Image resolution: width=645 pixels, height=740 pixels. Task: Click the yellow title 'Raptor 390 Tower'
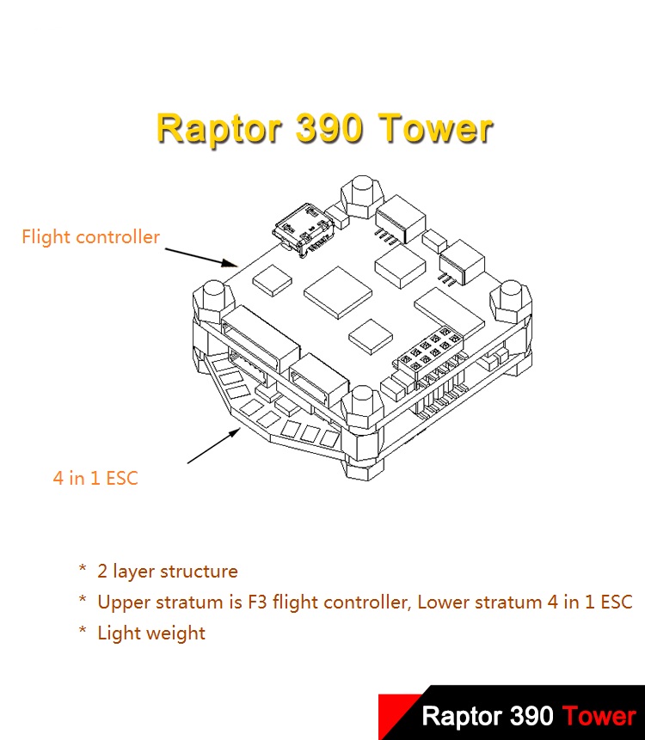pos(325,128)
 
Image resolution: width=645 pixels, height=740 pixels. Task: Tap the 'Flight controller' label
pos(90,236)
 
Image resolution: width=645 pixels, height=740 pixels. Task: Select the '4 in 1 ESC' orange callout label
pos(95,478)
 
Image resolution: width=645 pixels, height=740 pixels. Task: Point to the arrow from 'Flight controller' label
pos(201,257)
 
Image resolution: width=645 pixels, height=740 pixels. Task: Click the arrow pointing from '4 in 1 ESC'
pos(214,445)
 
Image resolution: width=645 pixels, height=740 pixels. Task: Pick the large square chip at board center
pos(338,292)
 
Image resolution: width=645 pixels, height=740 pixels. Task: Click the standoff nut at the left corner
pos(214,300)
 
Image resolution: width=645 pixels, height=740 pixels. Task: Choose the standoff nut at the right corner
pos(511,300)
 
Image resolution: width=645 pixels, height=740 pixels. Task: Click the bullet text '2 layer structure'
pos(168,571)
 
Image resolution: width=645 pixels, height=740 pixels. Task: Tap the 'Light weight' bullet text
pos(151,633)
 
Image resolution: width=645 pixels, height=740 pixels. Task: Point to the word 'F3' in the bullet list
pos(257,602)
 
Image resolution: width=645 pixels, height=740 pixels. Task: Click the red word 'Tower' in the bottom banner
pos(599,716)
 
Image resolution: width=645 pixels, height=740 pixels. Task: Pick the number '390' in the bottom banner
pos(532,716)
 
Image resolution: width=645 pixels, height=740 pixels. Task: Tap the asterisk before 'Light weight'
pos(83,630)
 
